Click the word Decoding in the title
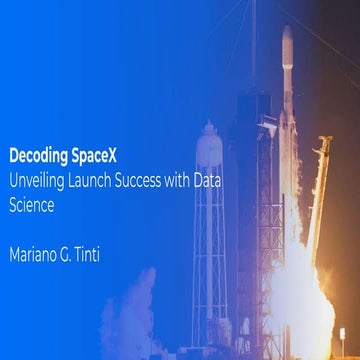click(x=37, y=157)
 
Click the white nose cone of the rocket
click(x=287, y=45)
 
